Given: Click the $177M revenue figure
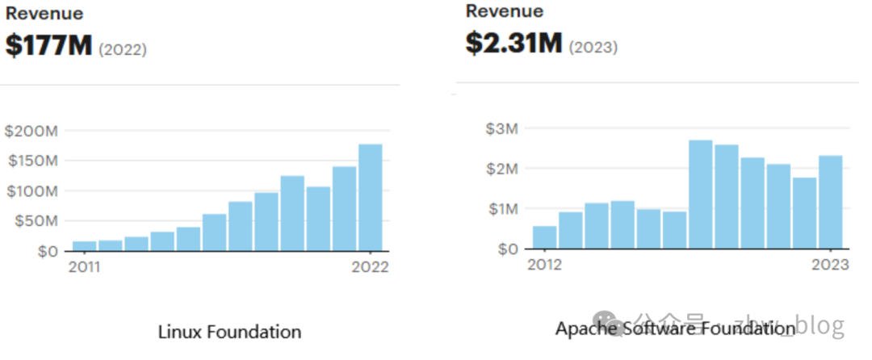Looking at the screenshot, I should (x=48, y=46).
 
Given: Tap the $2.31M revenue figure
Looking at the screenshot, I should (x=514, y=42).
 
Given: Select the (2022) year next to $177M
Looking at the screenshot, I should (x=123, y=50).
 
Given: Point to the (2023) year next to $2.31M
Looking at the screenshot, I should (x=593, y=47).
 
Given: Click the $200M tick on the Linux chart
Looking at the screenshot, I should (x=30, y=131).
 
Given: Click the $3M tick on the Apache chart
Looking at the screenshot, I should (x=501, y=128).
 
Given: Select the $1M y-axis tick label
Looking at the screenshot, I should (x=501, y=209).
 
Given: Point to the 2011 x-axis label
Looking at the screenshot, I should (x=84, y=267).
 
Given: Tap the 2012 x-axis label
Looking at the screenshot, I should (x=546, y=266).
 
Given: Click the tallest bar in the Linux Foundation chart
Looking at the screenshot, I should (x=371, y=197).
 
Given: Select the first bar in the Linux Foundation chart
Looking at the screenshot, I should (x=85, y=245).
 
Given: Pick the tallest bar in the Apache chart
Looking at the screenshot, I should (x=700, y=194).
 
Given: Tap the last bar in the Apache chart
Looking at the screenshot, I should (x=830, y=202).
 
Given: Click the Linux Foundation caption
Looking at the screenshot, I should (x=229, y=332).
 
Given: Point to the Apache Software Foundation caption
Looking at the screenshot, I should (x=675, y=329).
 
